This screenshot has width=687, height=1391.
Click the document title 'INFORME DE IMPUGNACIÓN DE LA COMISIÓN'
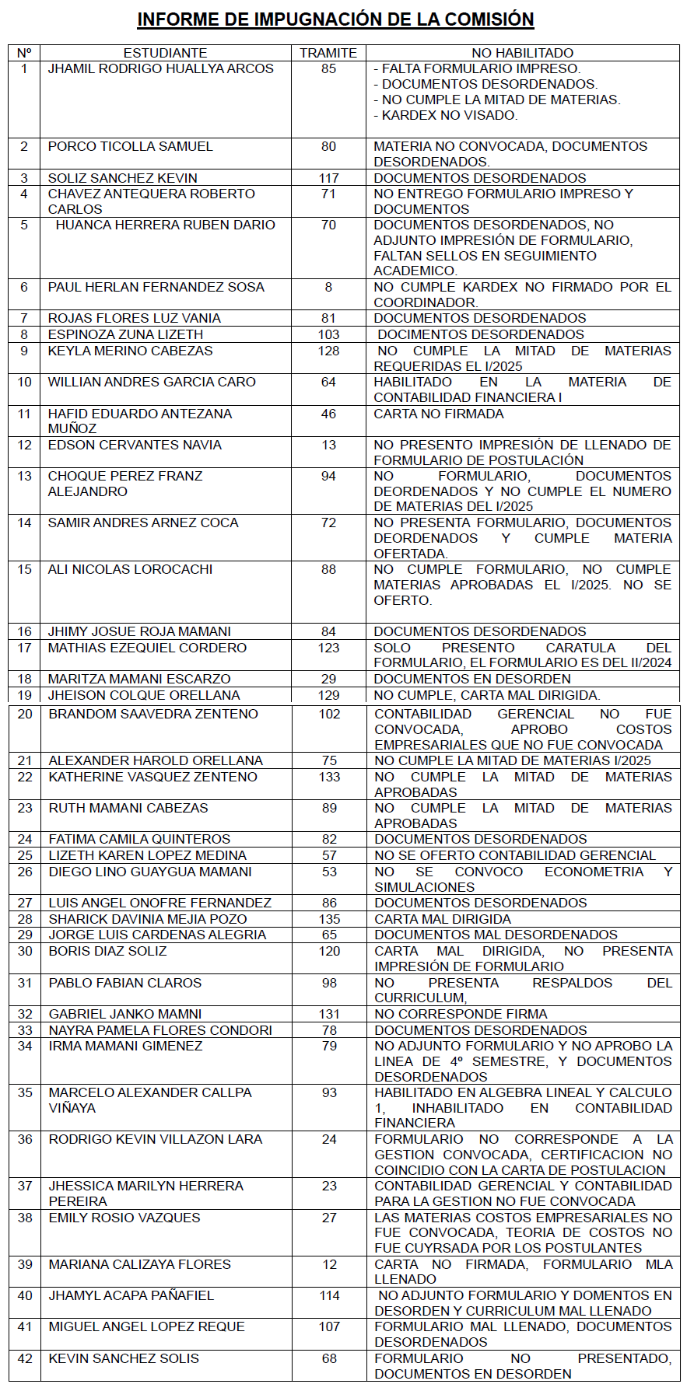point(335,19)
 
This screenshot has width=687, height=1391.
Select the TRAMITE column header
point(328,53)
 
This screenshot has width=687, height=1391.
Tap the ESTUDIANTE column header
point(165,53)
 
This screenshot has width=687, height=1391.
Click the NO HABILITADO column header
point(522,53)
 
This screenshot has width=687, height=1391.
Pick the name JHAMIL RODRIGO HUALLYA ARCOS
point(160,68)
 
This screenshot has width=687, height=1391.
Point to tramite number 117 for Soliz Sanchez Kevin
point(328,178)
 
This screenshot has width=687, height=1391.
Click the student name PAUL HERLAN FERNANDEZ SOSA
point(156,287)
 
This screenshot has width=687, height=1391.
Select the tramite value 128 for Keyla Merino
point(328,351)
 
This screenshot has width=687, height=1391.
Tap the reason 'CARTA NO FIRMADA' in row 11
point(439,414)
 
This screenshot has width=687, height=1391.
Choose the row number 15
point(24,569)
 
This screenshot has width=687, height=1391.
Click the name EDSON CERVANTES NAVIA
point(135,445)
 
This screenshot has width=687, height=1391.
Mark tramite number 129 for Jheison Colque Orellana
point(328,695)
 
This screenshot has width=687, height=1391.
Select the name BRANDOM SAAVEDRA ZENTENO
point(153,714)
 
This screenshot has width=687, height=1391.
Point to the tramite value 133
point(329,777)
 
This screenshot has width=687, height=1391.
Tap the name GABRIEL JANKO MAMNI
point(125,1014)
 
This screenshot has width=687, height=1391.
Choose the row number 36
point(25,1139)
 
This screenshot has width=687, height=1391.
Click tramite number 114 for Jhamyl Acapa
point(329,1295)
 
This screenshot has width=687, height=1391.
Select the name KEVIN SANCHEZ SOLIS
point(124,1358)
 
